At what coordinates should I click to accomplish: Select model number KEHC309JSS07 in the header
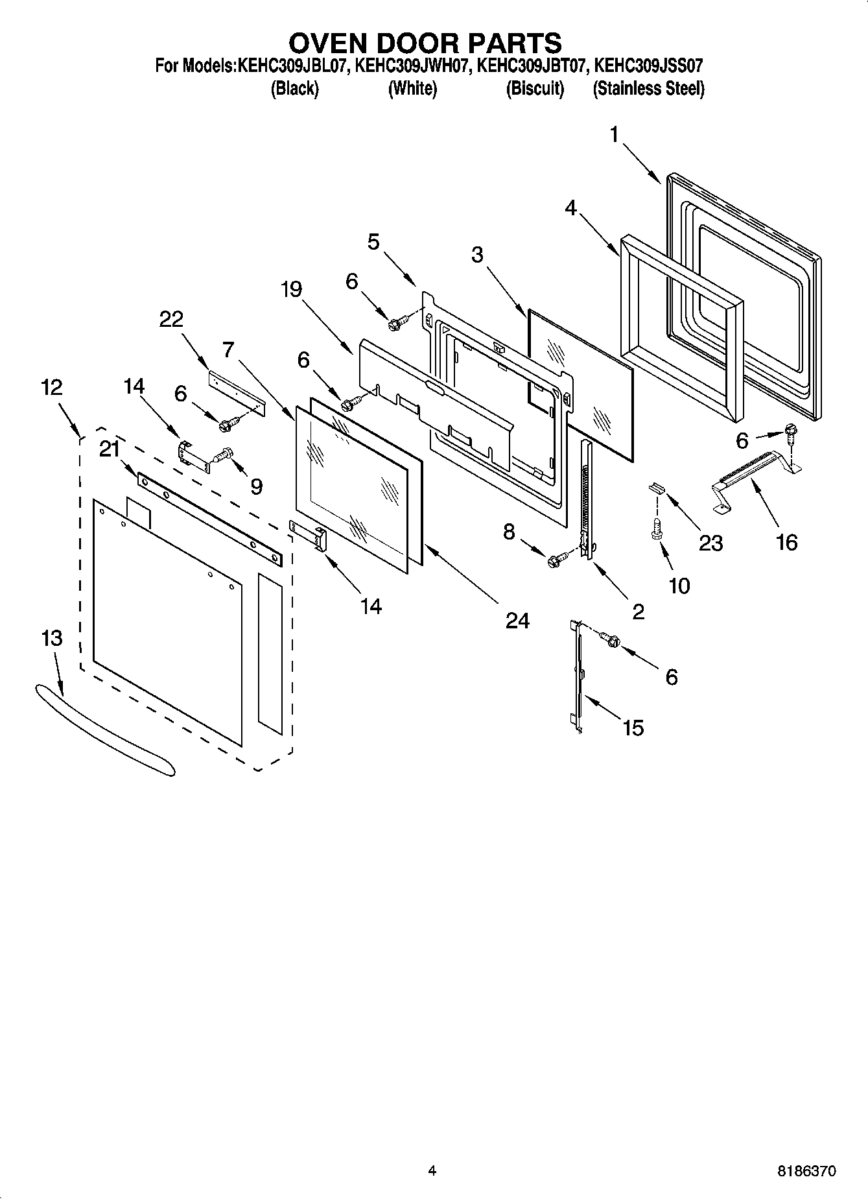click(649, 65)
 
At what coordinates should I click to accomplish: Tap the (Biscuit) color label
click(535, 89)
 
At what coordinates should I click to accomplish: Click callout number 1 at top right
click(613, 135)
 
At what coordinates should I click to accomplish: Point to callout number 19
click(292, 289)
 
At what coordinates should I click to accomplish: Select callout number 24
click(518, 621)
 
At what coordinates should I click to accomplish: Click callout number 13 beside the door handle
click(52, 638)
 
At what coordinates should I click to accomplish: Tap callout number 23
click(710, 542)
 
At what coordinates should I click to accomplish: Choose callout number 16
click(786, 542)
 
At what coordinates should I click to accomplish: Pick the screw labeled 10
click(655, 527)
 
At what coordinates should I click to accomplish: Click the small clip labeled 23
click(656, 487)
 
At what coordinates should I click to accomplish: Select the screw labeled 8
click(557, 560)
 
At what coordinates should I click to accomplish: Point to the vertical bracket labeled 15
click(577, 674)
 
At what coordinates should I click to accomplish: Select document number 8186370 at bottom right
click(806, 1171)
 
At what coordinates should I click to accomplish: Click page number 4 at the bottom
click(432, 1170)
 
